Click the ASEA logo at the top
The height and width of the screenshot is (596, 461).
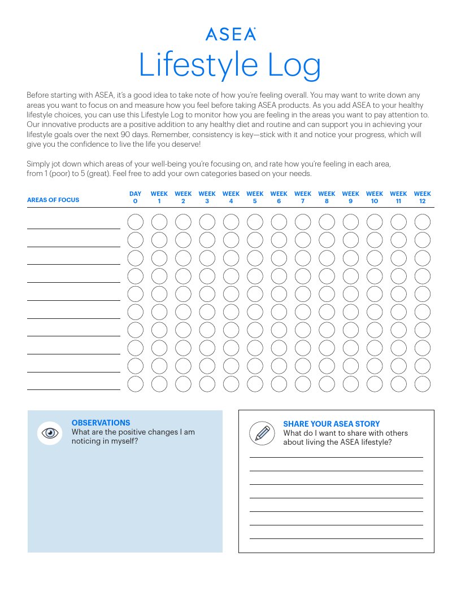pyautogui.click(x=230, y=34)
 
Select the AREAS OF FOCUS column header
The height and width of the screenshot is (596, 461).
pyautogui.click(x=53, y=200)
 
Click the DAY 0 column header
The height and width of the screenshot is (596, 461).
pyautogui.click(x=135, y=198)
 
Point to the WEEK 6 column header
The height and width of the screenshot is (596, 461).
pyautogui.click(x=279, y=198)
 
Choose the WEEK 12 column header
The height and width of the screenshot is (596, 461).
pyautogui.click(x=422, y=198)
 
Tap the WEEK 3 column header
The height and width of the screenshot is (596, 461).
pyautogui.click(x=207, y=198)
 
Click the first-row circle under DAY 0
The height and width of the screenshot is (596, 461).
pyautogui.click(x=136, y=222)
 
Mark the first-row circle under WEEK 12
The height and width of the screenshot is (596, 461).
pyautogui.click(x=423, y=222)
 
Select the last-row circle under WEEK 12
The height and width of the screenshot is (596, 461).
pyautogui.click(x=423, y=384)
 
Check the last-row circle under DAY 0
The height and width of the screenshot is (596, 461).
pyautogui.click(x=136, y=384)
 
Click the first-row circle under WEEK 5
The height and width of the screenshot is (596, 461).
pyautogui.click(x=255, y=222)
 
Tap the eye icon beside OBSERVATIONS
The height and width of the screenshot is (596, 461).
pyautogui.click(x=50, y=433)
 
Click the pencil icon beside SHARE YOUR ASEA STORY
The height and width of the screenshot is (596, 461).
pyautogui.click(x=262, y=433)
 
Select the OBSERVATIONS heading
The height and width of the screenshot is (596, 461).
pyautogui.click(x=101, y=423)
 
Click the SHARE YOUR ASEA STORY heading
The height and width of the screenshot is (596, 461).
pyautogui.click(x=331, y=424)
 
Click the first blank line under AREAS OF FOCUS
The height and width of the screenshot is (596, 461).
pyautogui.click(x=73, y=228)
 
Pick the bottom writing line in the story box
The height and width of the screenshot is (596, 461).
pyautogui.click(x=336, y=538)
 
